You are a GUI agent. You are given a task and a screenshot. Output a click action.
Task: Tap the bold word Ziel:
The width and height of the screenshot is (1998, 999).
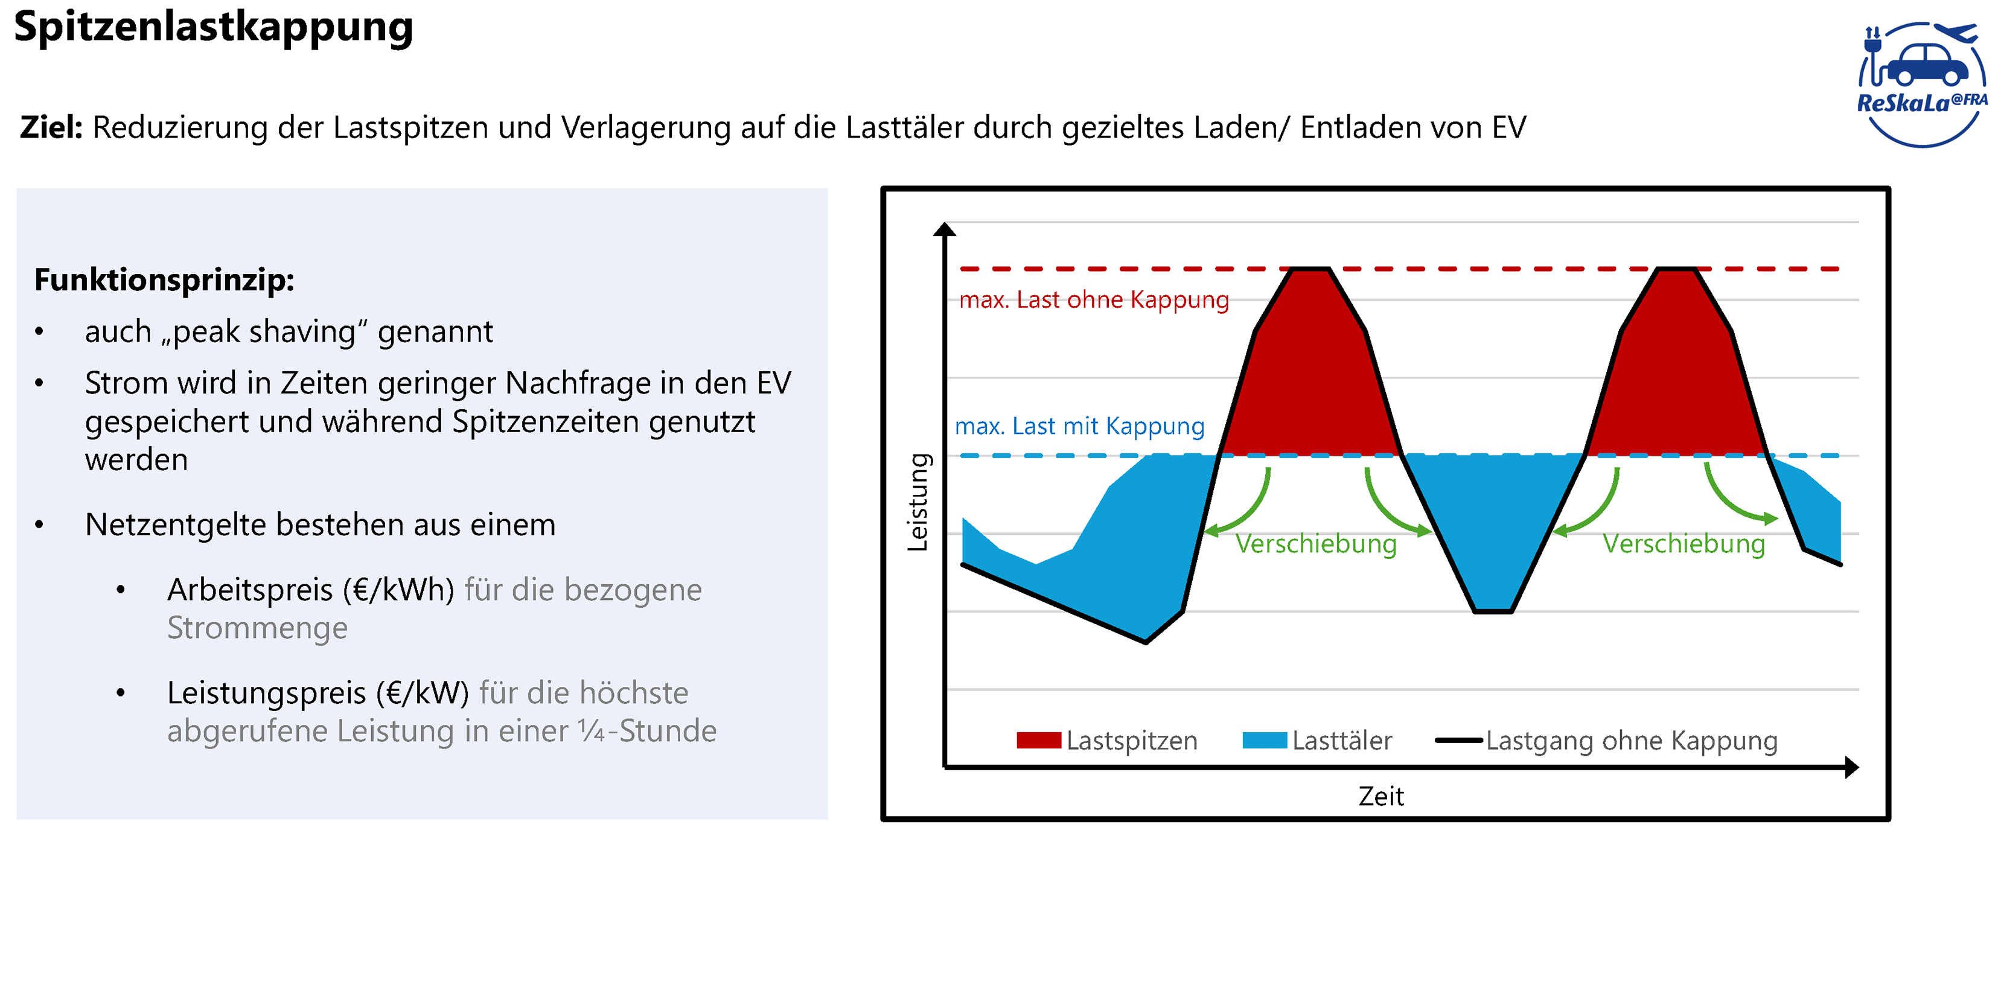click(51, 127)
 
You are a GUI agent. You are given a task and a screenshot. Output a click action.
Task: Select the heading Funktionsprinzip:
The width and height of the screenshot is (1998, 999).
click(164, 280)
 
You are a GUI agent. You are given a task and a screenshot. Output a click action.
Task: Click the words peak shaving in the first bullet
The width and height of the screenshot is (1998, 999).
click(264, 332)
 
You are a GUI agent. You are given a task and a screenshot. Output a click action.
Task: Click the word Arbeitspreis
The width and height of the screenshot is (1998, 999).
click(250, 590)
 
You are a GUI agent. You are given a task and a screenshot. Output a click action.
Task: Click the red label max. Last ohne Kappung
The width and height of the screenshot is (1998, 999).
click(1094, 299)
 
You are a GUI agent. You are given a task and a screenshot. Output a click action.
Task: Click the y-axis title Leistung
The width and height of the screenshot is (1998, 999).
click(918, 503)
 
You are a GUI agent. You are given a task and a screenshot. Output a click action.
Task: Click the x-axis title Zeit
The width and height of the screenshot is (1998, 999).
click(1380, 797)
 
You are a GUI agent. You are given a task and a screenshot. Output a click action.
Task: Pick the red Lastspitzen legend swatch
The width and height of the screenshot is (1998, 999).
click(1039, 741)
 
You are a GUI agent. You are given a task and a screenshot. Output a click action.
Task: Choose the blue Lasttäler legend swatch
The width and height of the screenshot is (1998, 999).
click(1264, 741)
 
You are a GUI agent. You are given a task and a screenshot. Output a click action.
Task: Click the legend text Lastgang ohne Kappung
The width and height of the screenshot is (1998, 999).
click(1631, 741)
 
